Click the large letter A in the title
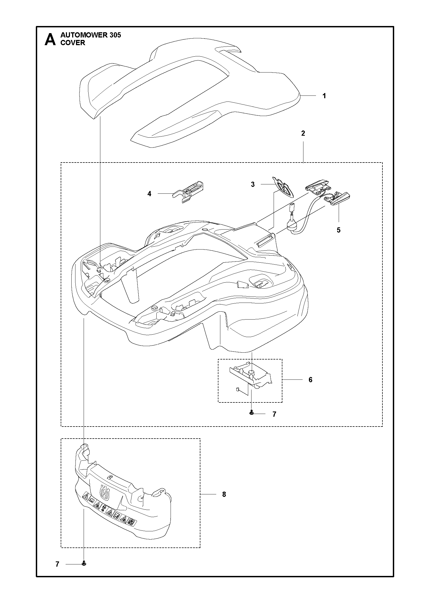(x=50, y=40)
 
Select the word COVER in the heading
(x=73, y=43)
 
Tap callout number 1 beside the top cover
(x=324, y=96)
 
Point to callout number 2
(x=303, y=134)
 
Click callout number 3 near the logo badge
(x=253, y=184)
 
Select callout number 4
(x=149, y=194)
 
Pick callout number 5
(x=339, y=230)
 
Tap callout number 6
(x=310, y=380)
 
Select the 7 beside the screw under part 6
(x=274, y=414)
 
